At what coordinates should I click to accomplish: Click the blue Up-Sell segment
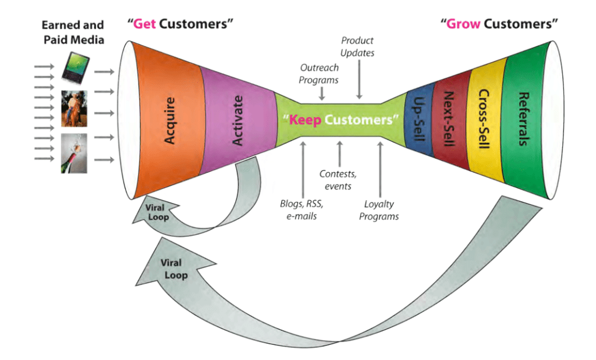coord(418,120)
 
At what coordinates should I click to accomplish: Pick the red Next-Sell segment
coord(448,119)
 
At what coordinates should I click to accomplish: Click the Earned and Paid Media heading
coord(73,32)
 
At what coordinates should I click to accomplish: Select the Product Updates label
coord(357,47)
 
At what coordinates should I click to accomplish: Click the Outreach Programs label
coord(320,74)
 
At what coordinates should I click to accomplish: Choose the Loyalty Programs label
coord(381,210)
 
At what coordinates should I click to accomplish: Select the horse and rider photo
coord(74,109)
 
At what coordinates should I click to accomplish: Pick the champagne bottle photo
coord(74,153)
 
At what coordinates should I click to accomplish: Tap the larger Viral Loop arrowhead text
coord(173,268)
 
